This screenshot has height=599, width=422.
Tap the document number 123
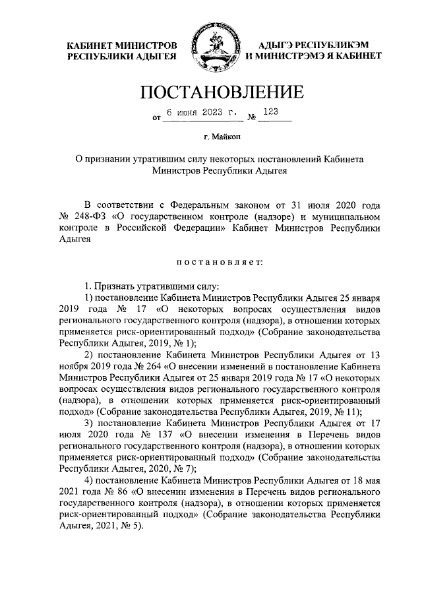(x=271, y=112)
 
